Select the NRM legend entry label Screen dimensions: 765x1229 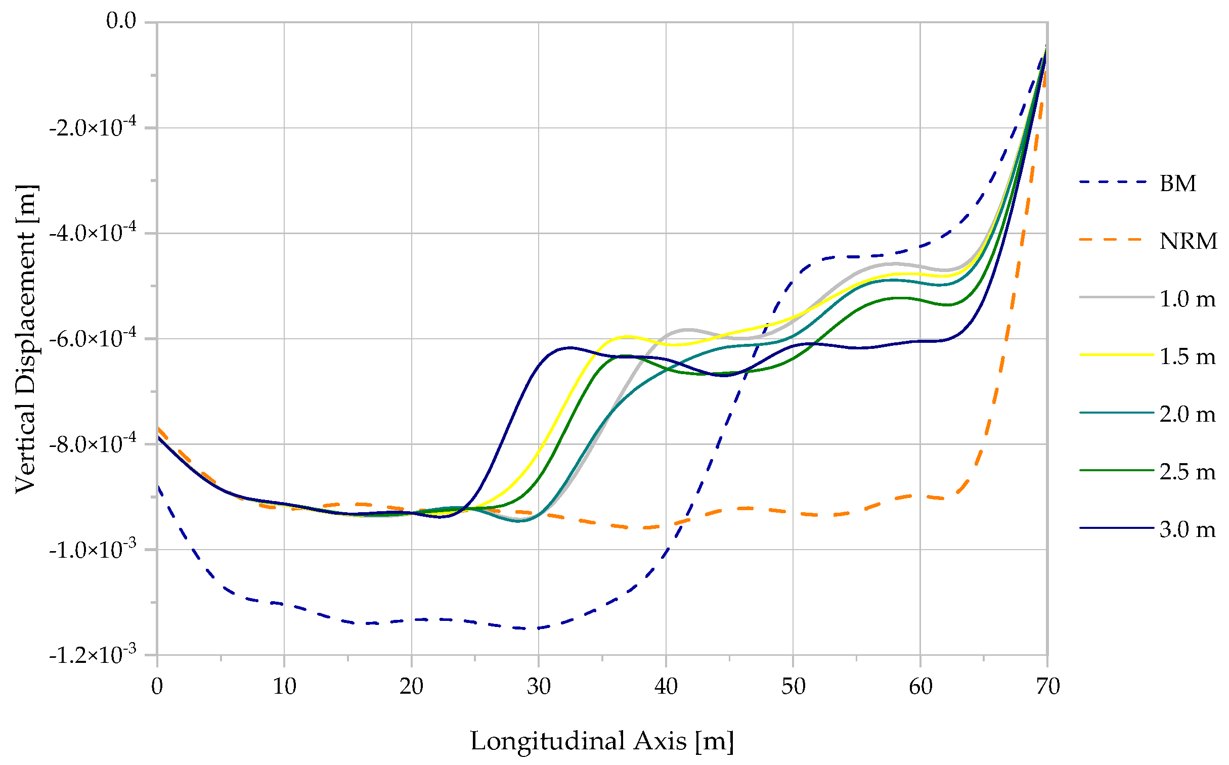[x=1188, y=241]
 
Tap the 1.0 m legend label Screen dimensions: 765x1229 [x=1187, y=298]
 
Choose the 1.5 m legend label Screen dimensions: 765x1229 [x=1187, y=356]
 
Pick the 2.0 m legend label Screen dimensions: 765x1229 [x=1187, y=414]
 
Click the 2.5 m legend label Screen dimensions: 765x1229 [x=1187, y=472]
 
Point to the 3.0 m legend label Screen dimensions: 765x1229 [x=1187, y=529]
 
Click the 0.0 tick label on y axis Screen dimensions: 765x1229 [x=121, y=21]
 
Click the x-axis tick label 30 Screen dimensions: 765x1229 [x=538, y=687]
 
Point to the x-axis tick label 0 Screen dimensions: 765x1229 [x=157, y=687]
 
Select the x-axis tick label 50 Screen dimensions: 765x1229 [x=793, y=687]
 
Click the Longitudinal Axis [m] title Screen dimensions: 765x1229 [x=601, y=741]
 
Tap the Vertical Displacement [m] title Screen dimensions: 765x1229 [x=25, y=338]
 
